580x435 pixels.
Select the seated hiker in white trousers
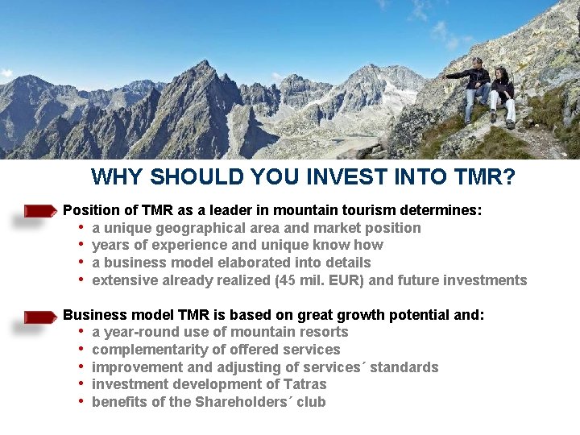[502, 97]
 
